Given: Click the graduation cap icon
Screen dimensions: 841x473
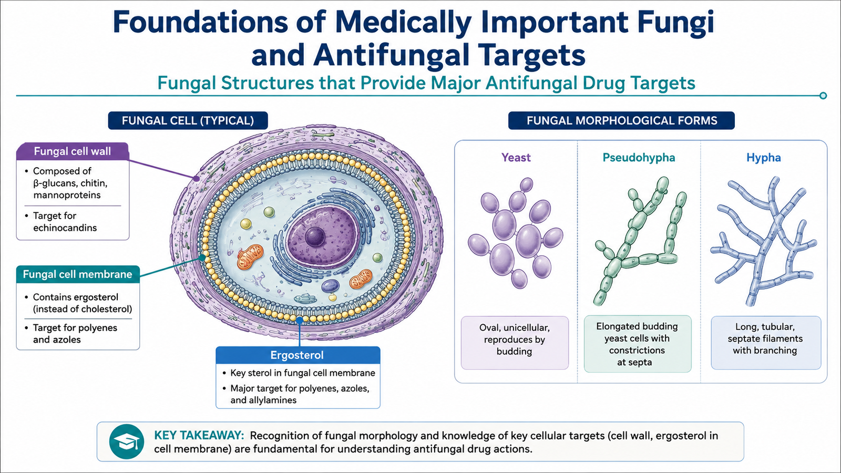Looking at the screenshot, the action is (127, 442).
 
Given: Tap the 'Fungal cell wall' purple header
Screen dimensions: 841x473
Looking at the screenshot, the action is (73, 151).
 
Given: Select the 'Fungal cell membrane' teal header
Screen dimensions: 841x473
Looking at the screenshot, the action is (78, 274).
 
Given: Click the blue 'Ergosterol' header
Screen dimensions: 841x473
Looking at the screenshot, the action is (298, 355).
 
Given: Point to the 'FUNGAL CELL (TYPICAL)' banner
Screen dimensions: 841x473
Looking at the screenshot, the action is (188, 120).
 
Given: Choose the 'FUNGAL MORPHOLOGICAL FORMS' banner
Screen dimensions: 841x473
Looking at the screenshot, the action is (621, 120).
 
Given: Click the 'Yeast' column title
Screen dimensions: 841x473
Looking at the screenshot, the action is (516, 157).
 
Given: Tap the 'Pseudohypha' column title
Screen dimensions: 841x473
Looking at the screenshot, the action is (639, 157).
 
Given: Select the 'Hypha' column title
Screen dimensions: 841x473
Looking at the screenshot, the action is (763, 157).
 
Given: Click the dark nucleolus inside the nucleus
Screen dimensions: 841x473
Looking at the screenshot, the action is (315, 237).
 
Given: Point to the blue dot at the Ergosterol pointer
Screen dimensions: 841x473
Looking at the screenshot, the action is (299, 320).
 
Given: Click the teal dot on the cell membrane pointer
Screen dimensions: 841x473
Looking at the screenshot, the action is (202, 258).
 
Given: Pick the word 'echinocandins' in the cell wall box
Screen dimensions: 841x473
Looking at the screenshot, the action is (65, 228).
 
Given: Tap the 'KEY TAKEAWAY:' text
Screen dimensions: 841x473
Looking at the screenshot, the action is (199, 436).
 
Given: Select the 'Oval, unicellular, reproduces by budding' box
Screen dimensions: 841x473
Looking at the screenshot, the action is (515, 343).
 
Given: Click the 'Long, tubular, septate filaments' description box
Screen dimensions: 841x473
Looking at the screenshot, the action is (766, 343).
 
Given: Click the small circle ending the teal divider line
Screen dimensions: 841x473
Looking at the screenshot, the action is (823, 96).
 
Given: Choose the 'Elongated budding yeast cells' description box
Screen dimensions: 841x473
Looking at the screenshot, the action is (638, 344).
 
